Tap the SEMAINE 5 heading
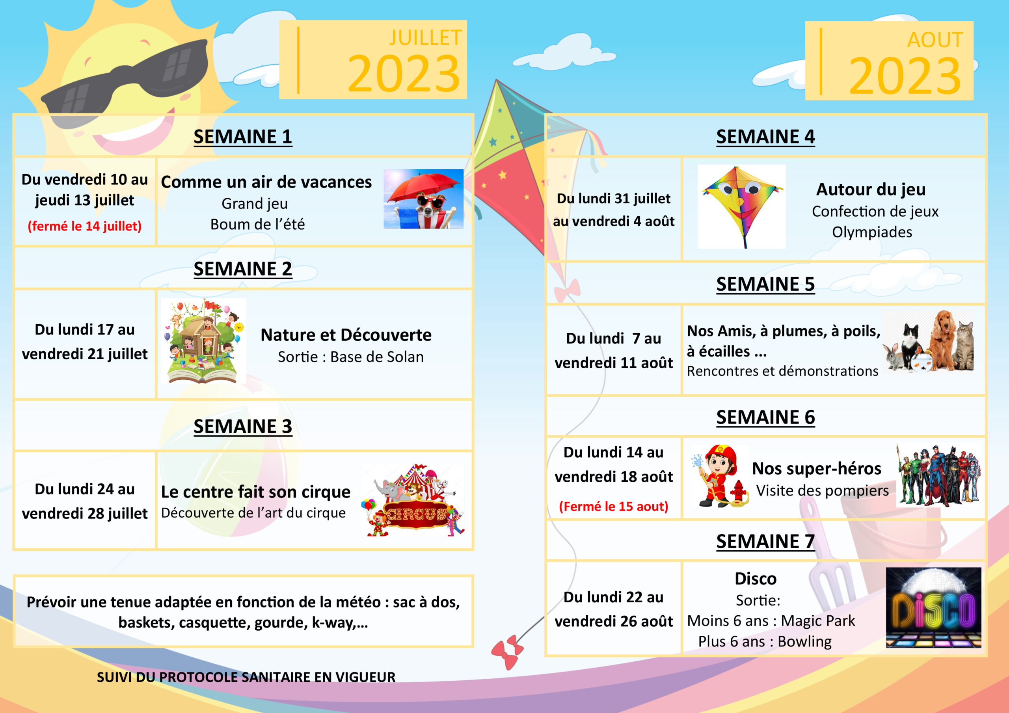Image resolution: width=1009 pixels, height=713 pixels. (x=765, y=284)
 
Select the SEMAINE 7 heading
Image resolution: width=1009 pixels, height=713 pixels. (x=765, y=542)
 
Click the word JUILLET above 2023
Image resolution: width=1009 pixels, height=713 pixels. (x=425, y=38)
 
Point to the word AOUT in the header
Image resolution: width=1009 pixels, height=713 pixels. (x=935, y=40)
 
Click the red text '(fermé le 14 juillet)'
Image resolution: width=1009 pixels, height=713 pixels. (x=84, y=226)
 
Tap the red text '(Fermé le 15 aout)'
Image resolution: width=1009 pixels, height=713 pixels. (x=614, y=507)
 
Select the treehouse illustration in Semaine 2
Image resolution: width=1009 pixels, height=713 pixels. (x=203, y=341)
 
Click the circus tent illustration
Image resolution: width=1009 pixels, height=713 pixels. (x=413, y=500)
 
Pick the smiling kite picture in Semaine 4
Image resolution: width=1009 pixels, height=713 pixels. (x=741, y=206)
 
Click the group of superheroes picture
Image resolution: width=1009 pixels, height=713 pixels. (x=938, y=476)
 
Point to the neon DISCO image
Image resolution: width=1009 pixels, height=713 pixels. (x=933, y=607)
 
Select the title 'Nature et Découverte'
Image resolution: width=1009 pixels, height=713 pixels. (x=346, y=335)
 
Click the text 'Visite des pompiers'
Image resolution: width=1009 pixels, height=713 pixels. (x=822, y=491)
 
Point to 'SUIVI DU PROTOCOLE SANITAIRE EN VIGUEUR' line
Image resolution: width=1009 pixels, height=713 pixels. (x=246, y=678)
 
